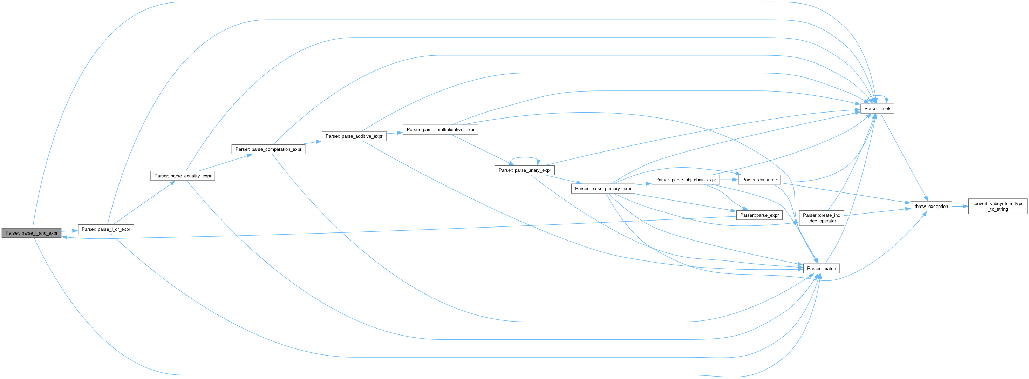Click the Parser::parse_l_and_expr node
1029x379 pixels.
pos(32,233)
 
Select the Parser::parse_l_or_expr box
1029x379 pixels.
pos(106,229)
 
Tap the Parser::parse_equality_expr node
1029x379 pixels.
pos(183,176)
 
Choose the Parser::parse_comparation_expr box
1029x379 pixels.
pos(268,149)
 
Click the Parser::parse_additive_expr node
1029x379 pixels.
pos(354,136)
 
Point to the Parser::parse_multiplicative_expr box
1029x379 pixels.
pos(440,129)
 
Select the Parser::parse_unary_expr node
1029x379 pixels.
pos(524,170)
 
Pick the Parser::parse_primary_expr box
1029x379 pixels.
pos(603,188)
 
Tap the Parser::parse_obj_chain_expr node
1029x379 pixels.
pos(686,180)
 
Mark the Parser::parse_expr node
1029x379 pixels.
pos(759,215)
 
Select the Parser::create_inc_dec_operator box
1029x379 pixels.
pos(821,218)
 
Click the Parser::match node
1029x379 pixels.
pos(821,268)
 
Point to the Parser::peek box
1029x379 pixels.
pos(877,108)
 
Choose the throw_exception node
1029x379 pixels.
pos(931,206)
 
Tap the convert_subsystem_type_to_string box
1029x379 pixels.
pos(997,206)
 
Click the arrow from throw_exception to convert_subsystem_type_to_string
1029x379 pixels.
pos(960,206)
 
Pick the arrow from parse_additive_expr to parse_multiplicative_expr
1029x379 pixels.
pos(394,133)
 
